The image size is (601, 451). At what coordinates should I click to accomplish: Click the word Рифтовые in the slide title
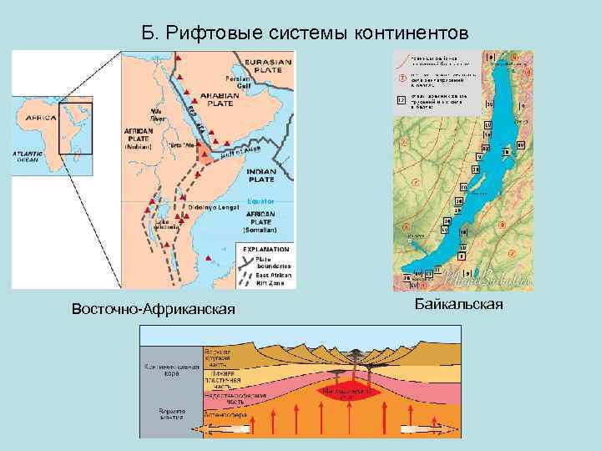click(x=215, y=33)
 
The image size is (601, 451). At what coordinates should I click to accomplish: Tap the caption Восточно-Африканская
click(x=153, y=310)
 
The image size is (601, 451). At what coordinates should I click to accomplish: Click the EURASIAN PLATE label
click(x=268, y=66)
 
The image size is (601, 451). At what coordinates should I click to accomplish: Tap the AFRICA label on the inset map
click(x=38, y=119)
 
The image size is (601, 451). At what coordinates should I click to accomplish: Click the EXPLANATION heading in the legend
click(x=266, y=249)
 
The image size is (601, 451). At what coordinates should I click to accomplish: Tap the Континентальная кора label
click(x=169, y=370)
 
